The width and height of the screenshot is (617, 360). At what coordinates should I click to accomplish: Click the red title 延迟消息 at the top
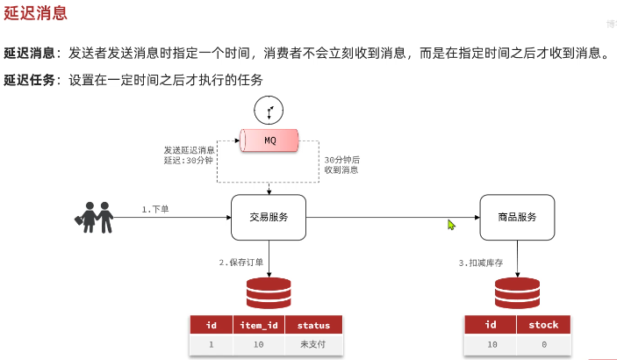click(35, 14)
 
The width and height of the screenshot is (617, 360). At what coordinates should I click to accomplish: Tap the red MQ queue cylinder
click(269, 140)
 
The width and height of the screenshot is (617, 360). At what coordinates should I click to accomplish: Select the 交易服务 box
click(269, 217)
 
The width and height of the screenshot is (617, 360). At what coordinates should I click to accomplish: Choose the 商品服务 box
click(517, 217)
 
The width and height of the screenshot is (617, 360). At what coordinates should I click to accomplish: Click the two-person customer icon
click(95, 217)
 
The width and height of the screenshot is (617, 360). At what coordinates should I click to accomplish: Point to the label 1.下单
click(156, 209)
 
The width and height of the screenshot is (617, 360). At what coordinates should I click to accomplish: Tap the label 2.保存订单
click(241, 262)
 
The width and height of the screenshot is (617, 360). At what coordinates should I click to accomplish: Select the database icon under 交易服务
click(269, 292)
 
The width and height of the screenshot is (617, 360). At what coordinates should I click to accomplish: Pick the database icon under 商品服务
click(517, 292)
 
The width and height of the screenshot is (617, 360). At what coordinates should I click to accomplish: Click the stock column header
click(543, 325)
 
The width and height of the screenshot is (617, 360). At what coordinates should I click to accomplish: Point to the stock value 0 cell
click(543, 345)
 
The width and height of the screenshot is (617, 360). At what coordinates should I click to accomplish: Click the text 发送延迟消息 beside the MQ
click(189, 150)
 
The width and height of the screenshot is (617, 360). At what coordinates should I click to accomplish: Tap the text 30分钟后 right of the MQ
click(342, 159)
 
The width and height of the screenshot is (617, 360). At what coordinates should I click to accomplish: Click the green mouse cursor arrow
click(452, 225)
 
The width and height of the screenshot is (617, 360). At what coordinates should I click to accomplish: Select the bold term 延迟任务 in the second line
click(31, 80)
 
